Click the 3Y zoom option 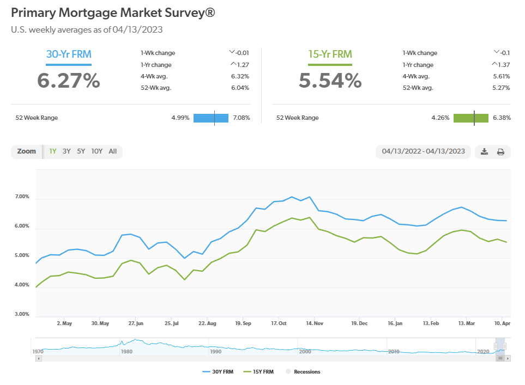(x=67, y=151)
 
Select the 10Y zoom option (x=97, y=151)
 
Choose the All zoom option (x=113, y=151)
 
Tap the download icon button (x=484, y=152)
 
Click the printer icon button (x=500, y=152)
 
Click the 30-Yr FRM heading (x=68, y=54)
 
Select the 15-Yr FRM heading (x=330, y=54)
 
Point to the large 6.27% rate (x=68, y=81)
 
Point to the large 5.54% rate (x=330, y=81)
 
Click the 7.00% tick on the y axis (x=22, y=197)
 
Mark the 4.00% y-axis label (x=22, y=285)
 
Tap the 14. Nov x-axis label (x=316, y=323)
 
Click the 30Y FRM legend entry (x=222, y=372)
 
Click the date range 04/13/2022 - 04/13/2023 (x=424, y=151)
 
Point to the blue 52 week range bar (x=210, y=118)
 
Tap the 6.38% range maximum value (x=502, y=118)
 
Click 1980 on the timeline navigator (x=126, y=352)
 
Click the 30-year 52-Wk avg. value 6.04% (x=240, y=87)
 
